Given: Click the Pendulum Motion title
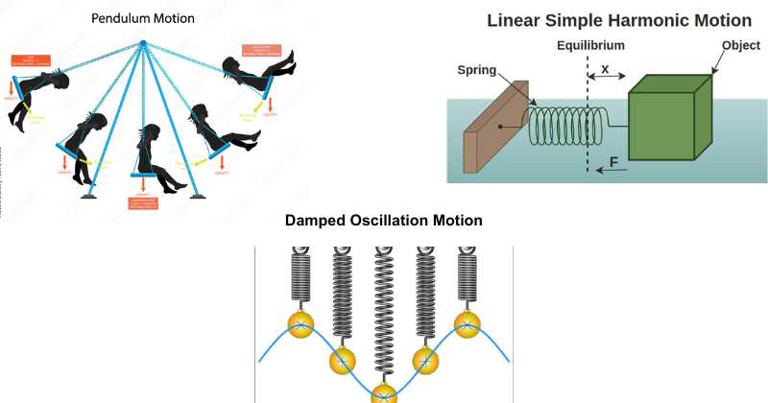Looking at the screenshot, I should click(x=142, y=18).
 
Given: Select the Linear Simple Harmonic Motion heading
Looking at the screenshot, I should click(x=619, y=20).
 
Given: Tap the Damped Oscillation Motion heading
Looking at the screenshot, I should click(x=384, y=221).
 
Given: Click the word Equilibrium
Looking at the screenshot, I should click(x=589, y=45).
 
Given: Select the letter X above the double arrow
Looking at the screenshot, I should click(x=604, y=70).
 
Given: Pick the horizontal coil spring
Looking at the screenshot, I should click(x=569, y=126).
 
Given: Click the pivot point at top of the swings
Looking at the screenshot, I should click(x=142, y=43).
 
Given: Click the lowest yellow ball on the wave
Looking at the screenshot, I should click(x=384, y=393).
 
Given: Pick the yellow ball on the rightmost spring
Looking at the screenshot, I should click(x=467, y=322).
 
